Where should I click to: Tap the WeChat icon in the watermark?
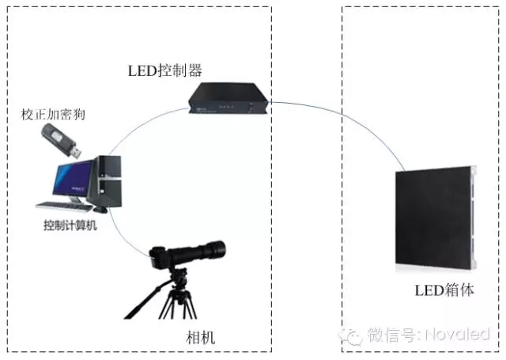click(x=352, y=335)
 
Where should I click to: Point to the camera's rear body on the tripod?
click(x=161, y=255)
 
